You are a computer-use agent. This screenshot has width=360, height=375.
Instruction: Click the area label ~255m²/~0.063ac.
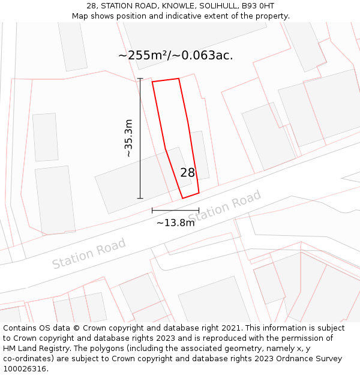pyautogui.click(x=175, y=56)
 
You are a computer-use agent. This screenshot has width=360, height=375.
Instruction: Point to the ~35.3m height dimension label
pyautogui.click(x=128, y=138)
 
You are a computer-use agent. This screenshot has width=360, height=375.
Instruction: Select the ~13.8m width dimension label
pyautogui.click(x=175, y=223)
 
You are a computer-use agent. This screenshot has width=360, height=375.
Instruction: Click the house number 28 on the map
pyautogui.click(x=187, y=173)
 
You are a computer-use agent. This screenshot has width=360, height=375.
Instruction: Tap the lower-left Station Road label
pyautogui.click(x=89, y=253)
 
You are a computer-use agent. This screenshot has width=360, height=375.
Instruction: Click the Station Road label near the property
pyautogui.click(x=226, y=206)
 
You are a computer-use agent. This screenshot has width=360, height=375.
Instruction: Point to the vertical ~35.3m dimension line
pyautogui.click(x=140, y=138)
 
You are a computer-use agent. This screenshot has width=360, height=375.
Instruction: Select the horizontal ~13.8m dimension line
pyautogui.click(x=175, y=210)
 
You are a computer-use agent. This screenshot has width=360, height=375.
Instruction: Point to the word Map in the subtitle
pyautogui.click(x=81, y=16)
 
